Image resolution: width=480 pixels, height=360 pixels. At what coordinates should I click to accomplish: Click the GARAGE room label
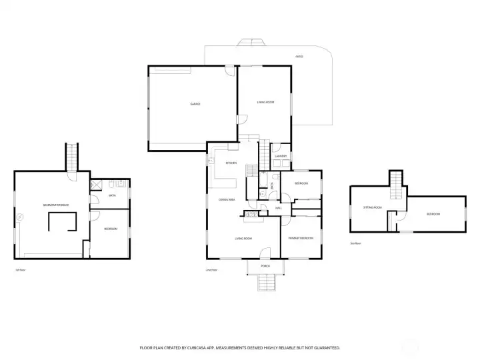click(195, 104)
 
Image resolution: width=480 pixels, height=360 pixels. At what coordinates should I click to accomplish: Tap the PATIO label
click(299, 57)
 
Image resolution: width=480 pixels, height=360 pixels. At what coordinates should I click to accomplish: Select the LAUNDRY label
click(281, 156)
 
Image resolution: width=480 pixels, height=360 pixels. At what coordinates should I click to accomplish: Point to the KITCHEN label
click(231, 163)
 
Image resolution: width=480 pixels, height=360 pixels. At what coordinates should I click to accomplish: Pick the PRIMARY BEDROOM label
click(301, 238)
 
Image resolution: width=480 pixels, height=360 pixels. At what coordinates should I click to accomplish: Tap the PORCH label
click(265, 265)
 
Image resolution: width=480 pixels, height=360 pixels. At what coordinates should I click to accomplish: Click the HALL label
click(279, 208)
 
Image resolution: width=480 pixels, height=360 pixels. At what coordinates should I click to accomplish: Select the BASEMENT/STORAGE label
click(56, 205)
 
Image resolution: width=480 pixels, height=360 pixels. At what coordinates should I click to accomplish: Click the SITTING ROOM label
click(372, 207)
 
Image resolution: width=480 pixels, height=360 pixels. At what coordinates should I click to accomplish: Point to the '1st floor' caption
click(20, 270)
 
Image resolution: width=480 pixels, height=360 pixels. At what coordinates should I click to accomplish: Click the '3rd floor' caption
click(355, 243)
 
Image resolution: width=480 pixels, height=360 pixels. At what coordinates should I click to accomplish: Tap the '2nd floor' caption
click(212, 270)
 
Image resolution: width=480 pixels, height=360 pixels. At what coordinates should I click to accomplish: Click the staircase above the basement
click(72, 157)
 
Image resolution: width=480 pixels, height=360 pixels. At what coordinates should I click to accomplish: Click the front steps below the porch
click(265, 284)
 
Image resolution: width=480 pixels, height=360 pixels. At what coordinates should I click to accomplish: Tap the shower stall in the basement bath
click(95, 185)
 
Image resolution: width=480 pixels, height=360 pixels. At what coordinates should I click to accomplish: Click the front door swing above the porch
click(265, 253)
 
